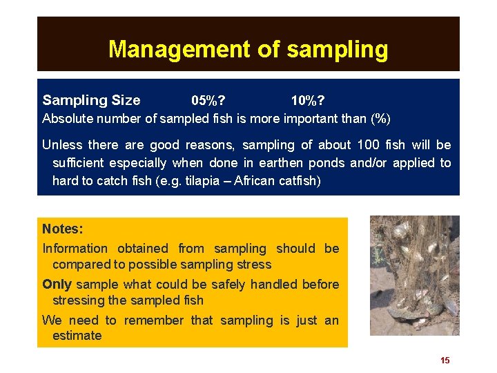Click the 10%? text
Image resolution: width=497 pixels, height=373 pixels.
[x=309, y=101]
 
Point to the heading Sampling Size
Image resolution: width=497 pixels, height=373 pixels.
[x=91, y=101]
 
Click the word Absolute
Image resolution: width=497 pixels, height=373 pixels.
[x=66, y=118]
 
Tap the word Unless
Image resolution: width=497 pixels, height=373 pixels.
[x=62, y=145]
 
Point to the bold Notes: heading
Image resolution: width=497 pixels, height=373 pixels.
[x=62, y=229]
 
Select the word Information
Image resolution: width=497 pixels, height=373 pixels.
[x=75, y=249]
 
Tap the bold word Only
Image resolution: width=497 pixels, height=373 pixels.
[x=57, y=285]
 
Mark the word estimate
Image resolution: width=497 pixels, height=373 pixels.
[x=77, y=336]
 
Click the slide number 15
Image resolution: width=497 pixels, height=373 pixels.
[x=445, y=360]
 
